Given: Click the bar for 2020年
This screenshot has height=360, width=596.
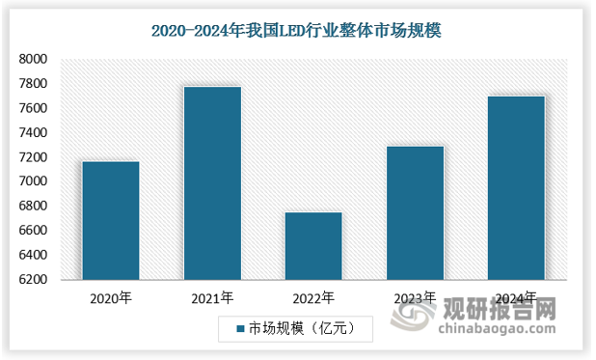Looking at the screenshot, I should [110, 220].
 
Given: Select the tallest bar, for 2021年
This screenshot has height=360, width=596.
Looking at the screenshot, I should [212, 183].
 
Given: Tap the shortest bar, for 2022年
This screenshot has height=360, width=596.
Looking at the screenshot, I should [313, 246].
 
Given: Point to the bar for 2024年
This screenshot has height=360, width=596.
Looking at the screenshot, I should [516, 188].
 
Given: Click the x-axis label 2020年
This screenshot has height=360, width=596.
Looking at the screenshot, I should [110, 297].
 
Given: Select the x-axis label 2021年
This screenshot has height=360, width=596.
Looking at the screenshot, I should [212, 297].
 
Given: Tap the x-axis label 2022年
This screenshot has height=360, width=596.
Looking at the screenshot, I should [313, 297].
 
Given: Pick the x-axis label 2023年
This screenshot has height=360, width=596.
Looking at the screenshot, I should [415, 297].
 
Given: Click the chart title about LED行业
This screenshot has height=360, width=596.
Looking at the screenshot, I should [297, 29].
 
